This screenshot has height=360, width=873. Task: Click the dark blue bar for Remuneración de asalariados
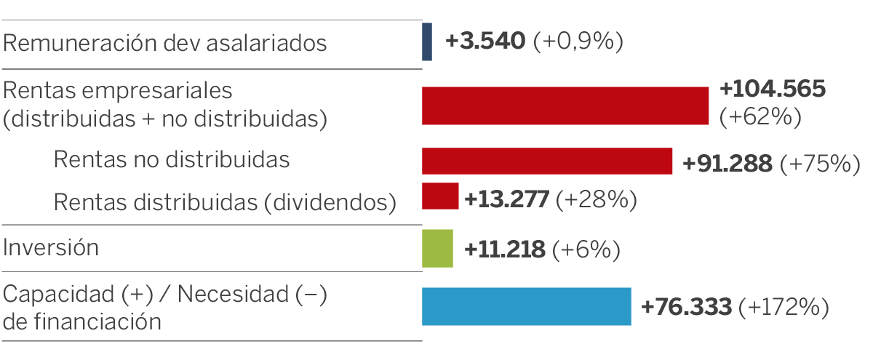[x=427, y=41]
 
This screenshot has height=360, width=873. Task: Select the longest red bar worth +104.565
[x=565, y=105]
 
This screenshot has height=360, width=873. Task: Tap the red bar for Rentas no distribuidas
[x=546, y=161]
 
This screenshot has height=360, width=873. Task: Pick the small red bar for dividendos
[x=440, y=196]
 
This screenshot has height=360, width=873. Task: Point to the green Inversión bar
[x=437, y=248]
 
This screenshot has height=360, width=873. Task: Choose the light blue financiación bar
[x=526, y=306]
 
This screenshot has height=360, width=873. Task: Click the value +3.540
[x=485, y=41]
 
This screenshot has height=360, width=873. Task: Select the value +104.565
[x=773, y=89]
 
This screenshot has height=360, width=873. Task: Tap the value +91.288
[x=727, y=164]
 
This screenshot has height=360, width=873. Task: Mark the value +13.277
[x=506, y=199]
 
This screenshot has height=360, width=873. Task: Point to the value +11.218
[x=505, y=250]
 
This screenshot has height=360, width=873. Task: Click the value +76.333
[x=686, y=308]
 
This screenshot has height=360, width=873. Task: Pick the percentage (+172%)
[x=784, y=308]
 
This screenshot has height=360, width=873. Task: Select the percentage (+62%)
[x=760, y=117]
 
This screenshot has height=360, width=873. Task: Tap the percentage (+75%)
[x=815, y=164]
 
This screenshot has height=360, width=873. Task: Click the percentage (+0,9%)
[x=578, y=41]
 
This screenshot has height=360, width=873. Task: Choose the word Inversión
[x=51, y=248]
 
